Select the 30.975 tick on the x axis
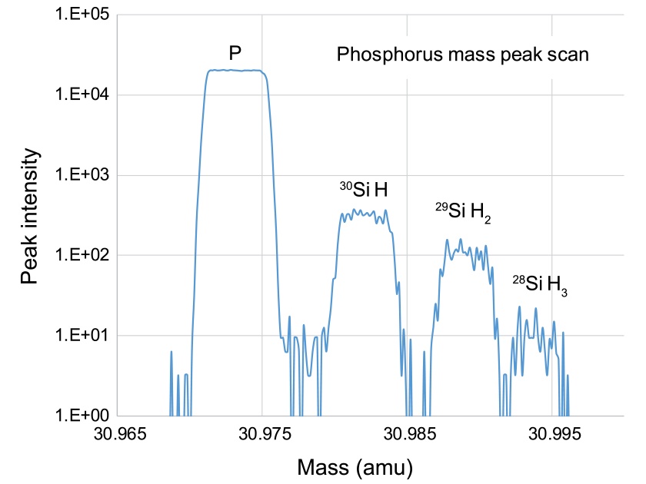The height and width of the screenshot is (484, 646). pos(261,434)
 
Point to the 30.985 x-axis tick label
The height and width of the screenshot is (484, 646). pos(406,434)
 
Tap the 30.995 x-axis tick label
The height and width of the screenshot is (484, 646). pos(550,434)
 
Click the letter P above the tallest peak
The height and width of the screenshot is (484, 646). pos(235,54)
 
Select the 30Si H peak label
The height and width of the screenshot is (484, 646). pos(364,187)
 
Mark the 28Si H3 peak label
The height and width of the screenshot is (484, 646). pos(541,285)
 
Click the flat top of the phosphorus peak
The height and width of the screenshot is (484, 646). pos(235,70)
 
